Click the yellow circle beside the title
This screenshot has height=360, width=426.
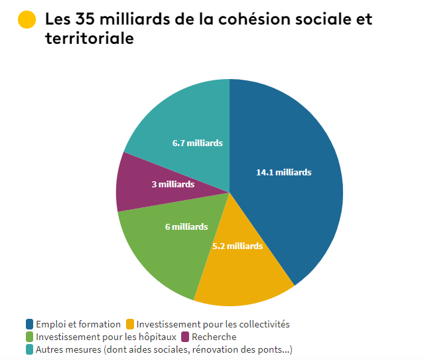point(27,20)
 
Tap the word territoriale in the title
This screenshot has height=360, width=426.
point(90,39)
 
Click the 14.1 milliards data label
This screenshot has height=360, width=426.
point(283,172)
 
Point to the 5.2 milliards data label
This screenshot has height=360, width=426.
point(238,246)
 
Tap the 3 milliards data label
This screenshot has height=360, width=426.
point(173,184)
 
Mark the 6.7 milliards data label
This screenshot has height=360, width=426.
point(197,143)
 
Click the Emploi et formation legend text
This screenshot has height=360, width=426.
point(78,324)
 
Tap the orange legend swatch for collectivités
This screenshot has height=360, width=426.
point(130,324)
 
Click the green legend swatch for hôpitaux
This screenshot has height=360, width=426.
point(31,337)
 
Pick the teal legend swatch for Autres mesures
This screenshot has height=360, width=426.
point(31,349)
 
